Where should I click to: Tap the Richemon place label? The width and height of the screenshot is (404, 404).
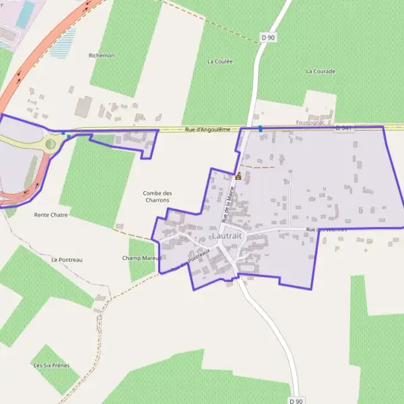(x=102, y=55)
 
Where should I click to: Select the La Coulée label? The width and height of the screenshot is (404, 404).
(x=220, y=61)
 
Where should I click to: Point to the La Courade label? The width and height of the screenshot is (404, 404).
(x=321, y=71)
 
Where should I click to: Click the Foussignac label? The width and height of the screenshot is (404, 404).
(x=310, y=123)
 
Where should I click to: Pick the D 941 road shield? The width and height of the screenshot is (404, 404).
(x=343, y=127)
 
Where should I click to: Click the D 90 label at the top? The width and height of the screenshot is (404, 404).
(x=268, y=38)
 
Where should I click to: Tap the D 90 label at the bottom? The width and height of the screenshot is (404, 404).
(x=296, y=401)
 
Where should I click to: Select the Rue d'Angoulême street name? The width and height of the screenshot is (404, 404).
(x=207, y=129)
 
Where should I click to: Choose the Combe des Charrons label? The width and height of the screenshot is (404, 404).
(x=156, y=197)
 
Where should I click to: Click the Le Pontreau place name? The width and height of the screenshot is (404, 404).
(x=67, y=259)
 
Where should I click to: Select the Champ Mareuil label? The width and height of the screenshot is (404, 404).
(x=141, y=258)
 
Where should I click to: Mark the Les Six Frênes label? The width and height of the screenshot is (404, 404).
(x=52, y=365)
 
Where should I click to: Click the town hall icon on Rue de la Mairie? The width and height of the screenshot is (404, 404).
(x=238, y=176)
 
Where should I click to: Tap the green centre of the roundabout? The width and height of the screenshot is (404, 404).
(x=50, y=143)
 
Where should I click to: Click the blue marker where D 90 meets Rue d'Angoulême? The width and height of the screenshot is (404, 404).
(x=260, y=128)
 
